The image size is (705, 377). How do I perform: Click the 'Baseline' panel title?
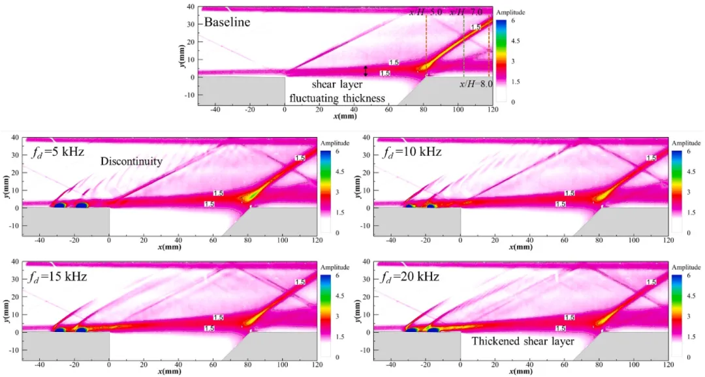227,22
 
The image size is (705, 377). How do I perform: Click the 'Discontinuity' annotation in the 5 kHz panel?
131,161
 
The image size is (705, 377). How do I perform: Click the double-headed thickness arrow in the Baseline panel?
366,70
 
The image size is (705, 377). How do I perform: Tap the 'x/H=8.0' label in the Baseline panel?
475,85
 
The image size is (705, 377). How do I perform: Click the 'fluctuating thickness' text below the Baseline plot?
337,98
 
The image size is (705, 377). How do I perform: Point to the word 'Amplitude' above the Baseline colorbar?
510,12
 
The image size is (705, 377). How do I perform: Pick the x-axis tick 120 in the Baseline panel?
493,110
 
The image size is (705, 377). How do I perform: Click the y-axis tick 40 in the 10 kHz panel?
367,138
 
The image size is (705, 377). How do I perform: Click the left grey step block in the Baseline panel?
242,88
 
